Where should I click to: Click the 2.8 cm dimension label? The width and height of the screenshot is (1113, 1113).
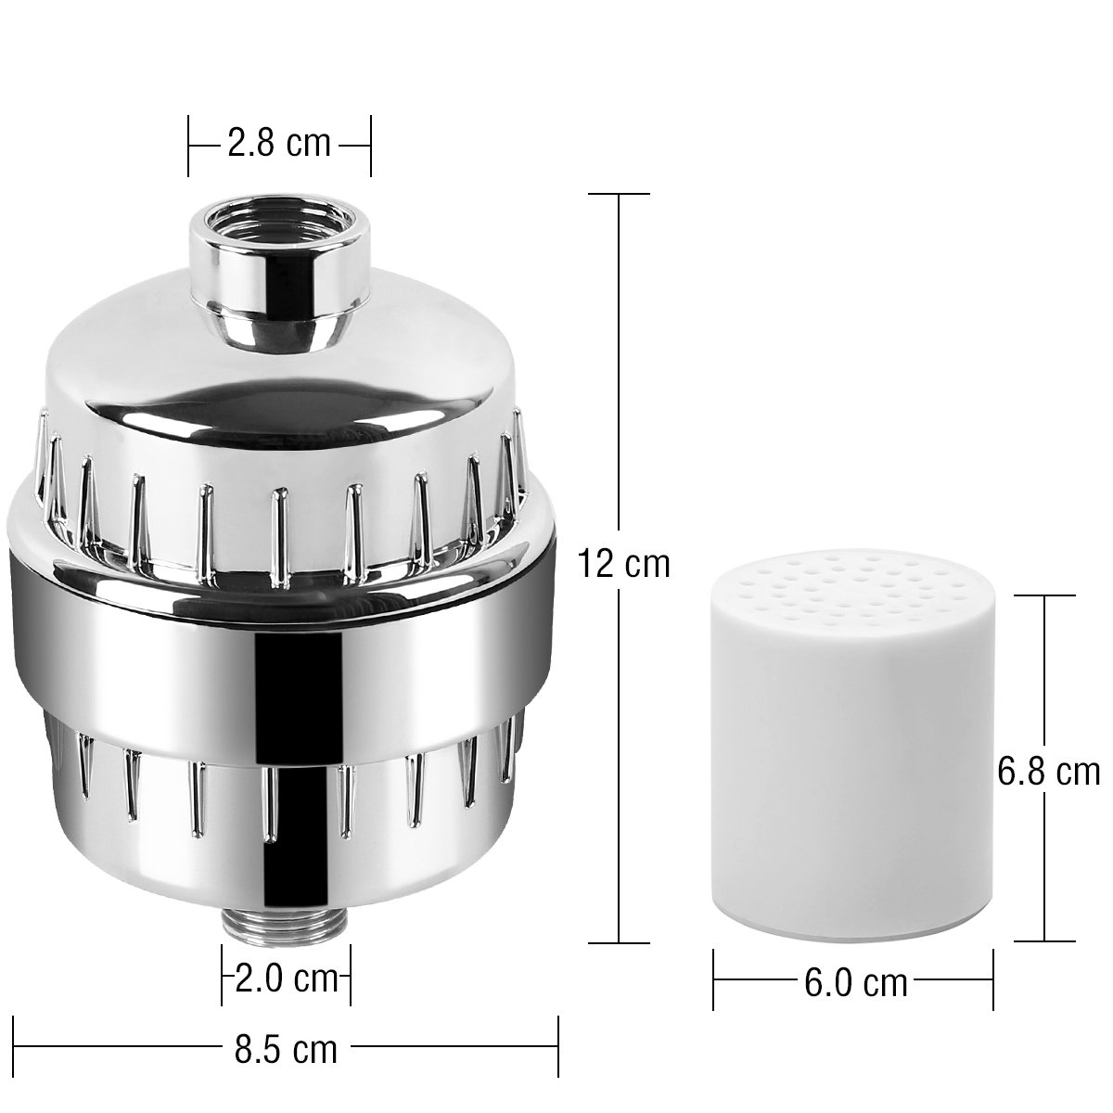(279, 144)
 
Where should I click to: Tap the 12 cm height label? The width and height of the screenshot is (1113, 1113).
(622, 563)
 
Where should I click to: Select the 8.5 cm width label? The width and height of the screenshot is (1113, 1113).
(285, 1050)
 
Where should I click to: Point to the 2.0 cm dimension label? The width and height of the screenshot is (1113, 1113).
(285, 979)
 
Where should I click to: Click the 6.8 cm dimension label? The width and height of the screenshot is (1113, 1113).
(1048, 772)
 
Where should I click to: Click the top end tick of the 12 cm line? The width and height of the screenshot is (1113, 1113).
(620, 194)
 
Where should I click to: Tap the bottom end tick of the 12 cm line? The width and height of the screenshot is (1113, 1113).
(620, 942)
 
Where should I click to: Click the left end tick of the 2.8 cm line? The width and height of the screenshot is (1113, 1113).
(189, 146)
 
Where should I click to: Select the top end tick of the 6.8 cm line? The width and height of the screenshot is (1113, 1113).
(1044, 596)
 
